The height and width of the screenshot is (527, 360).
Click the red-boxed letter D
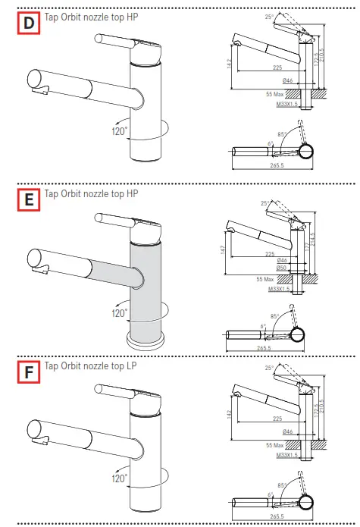click(x=29, y=24)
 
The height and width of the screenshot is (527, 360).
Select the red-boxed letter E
click(x=29, y=200)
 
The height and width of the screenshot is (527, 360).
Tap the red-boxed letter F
click(x=29, y=372)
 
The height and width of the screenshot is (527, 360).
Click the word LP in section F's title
click(x=133, y=365)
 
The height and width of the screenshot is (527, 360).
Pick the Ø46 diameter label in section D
click(x=288, y=80)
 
